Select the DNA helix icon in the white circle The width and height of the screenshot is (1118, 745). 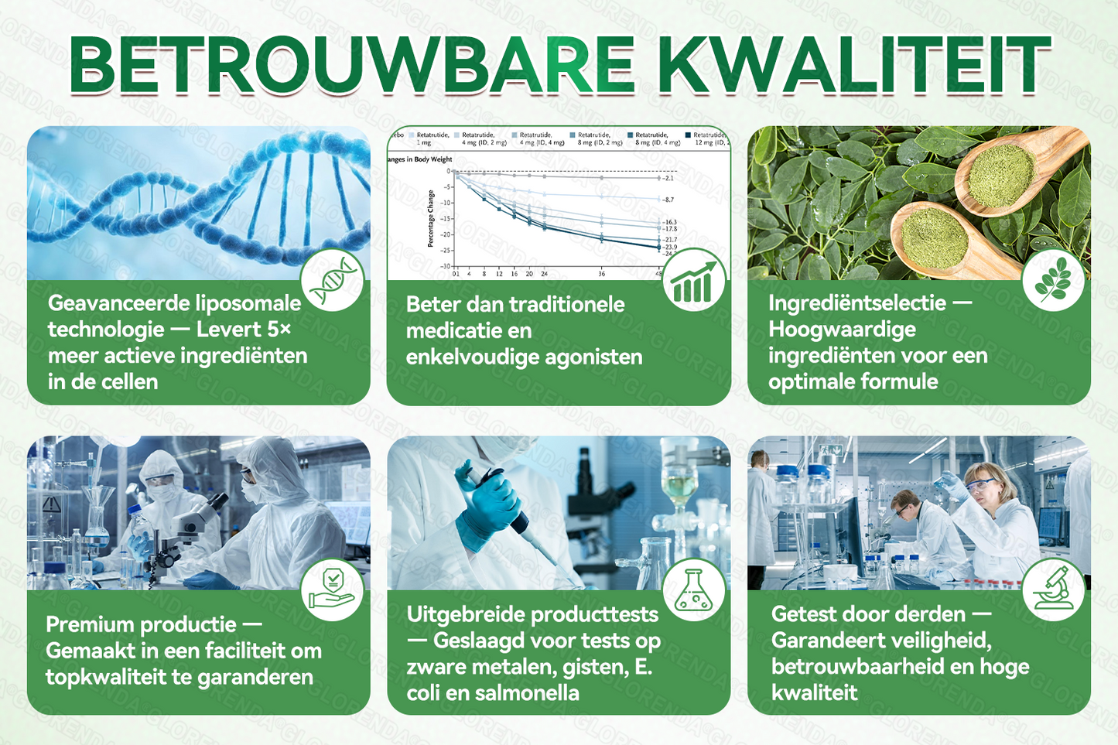(x=333, y=280)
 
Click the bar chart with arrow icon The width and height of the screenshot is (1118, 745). (x=694, y=280)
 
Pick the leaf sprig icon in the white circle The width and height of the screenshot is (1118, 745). (x=1053, y=280)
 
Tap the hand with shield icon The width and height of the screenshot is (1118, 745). (x=332, y=590)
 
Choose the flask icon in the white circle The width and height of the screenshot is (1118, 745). (x=693, y=590)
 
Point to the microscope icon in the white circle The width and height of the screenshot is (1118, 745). (x=1053, y=590)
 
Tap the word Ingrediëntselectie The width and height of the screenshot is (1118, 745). (x=857, y=302)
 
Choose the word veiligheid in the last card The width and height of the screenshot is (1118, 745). (x=928, y=641)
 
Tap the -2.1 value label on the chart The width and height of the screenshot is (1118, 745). (x=668, y=179)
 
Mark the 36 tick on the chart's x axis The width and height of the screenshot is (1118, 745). (x=601, y=274)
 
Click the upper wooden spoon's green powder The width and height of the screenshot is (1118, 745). (x=1002, y=176)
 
